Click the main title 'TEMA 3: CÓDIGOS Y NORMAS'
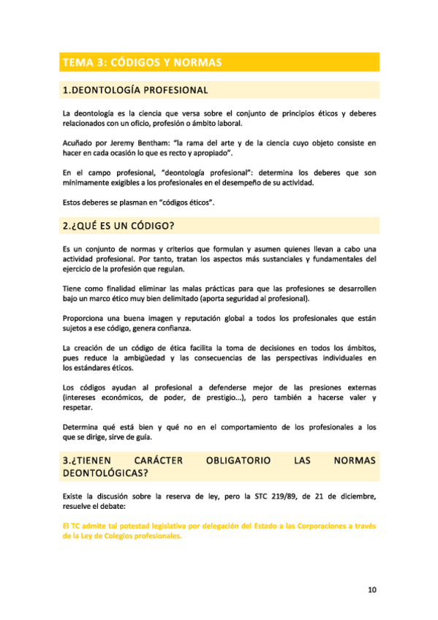pyautogui.click(x=142, y=62)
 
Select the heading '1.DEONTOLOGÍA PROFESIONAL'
pyautogui.click(x=135, y=91)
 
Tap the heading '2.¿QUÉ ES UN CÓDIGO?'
pyautogui.click(x=122, y=227)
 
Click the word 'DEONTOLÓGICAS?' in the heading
pyautogui.click(x=105, y=474)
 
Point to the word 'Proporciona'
pyautogui.click(x=86, y=319)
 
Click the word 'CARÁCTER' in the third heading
pyautogui.click(x=156, y=461)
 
